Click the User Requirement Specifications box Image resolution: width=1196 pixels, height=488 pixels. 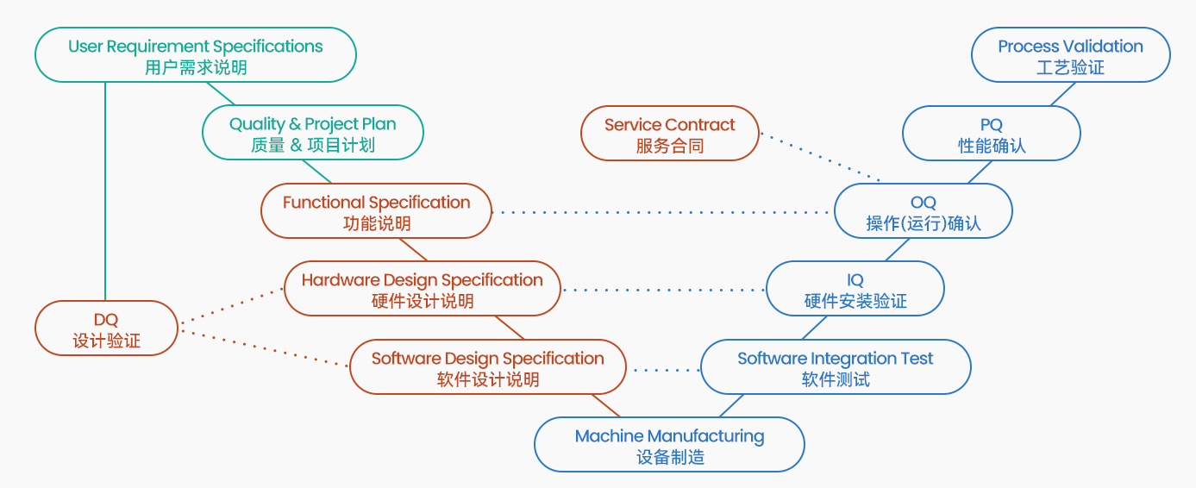(196, 55)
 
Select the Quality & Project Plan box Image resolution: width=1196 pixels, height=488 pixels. (312, 134)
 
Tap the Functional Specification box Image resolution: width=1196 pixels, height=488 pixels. (377, 211)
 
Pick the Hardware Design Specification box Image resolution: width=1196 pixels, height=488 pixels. (423, 289)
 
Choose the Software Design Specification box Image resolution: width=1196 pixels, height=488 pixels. (488, 367)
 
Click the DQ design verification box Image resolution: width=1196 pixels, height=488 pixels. (106, 328)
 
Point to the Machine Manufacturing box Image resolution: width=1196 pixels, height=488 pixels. (669, 445)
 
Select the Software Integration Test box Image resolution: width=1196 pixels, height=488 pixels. (836, 367)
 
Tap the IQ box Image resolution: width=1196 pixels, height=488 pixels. (855, 289)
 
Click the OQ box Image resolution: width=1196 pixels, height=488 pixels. (924, 211)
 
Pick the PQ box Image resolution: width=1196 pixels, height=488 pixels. (992, 134)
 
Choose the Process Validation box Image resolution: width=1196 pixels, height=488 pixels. (1071, 55)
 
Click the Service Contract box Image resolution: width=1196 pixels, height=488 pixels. (670, 134)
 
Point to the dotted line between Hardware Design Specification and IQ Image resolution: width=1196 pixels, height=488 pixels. (664, 290)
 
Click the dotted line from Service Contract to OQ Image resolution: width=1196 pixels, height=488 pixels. (819, 158)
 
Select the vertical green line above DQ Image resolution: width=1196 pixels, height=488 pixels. (105, 190)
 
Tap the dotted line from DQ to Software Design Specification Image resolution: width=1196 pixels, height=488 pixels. (263, 347)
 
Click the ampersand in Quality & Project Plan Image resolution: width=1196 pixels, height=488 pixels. (295, 124)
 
